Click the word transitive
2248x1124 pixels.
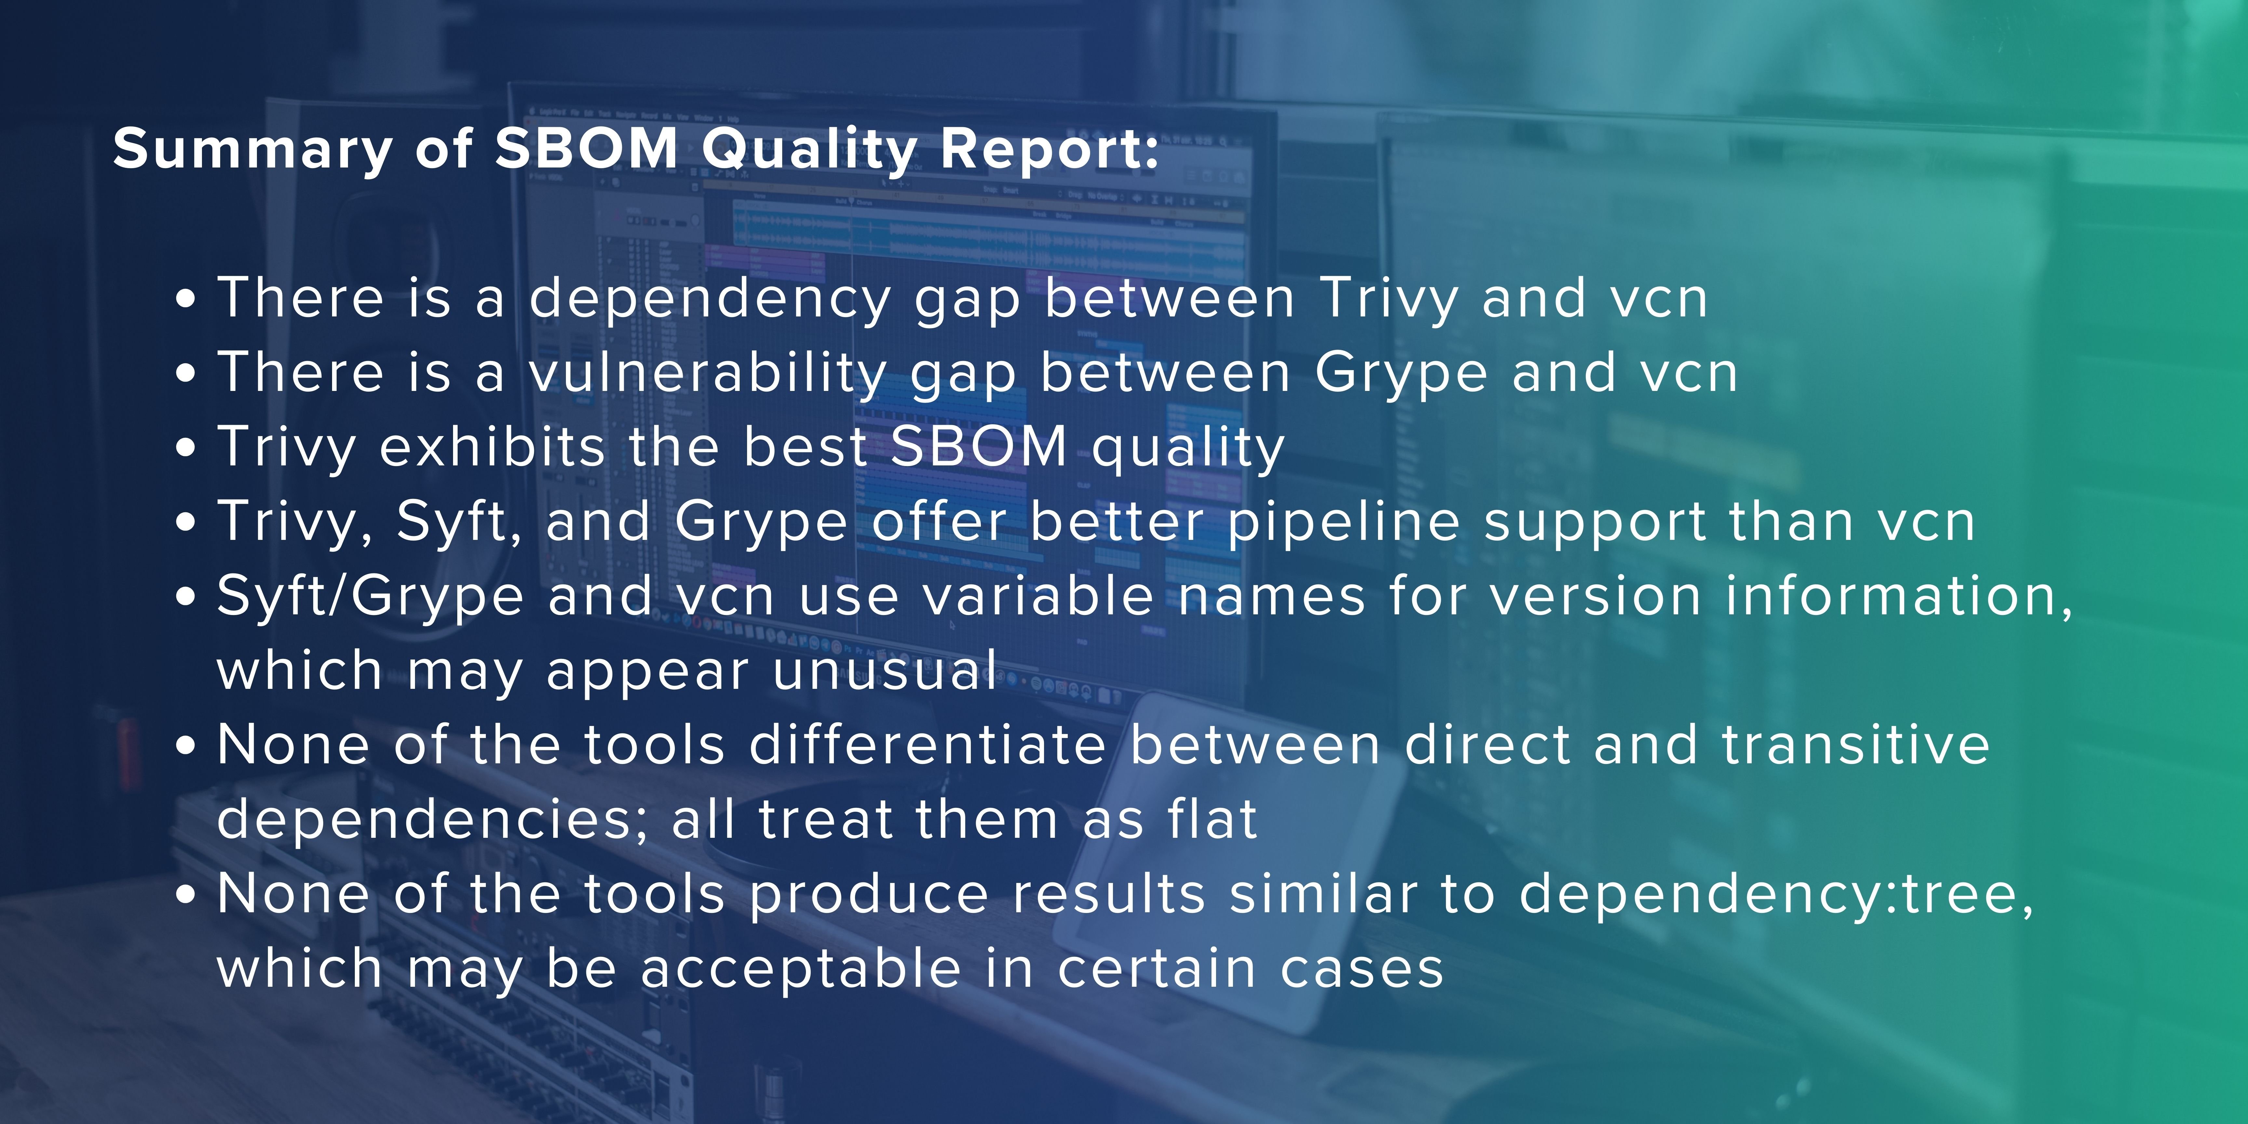tap(1856, 746)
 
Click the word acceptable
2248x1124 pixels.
tap(801, 970)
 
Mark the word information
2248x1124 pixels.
tap(1898, 597)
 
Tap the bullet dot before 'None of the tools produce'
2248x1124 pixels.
tap(185, 895)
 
